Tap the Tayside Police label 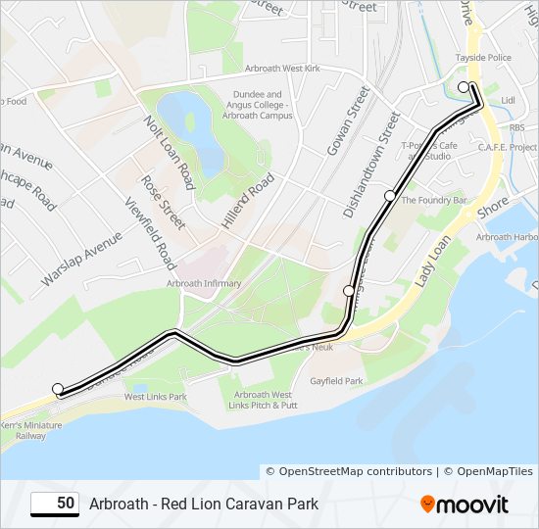[x=483, y=58]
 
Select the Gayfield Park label [x=336, y=380]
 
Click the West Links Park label [x=155, y=397]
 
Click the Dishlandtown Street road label [x=371, y=165]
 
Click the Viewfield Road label [x=149, y=234]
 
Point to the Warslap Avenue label [x=81, y=260]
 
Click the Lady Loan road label [x=431, y=260]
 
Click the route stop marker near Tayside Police [x=464, y=87]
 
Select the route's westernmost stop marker [x=58, y=388]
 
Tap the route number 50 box [x=55, y=504]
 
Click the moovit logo [x=465, y=505]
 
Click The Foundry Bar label [x=433, y=200]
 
